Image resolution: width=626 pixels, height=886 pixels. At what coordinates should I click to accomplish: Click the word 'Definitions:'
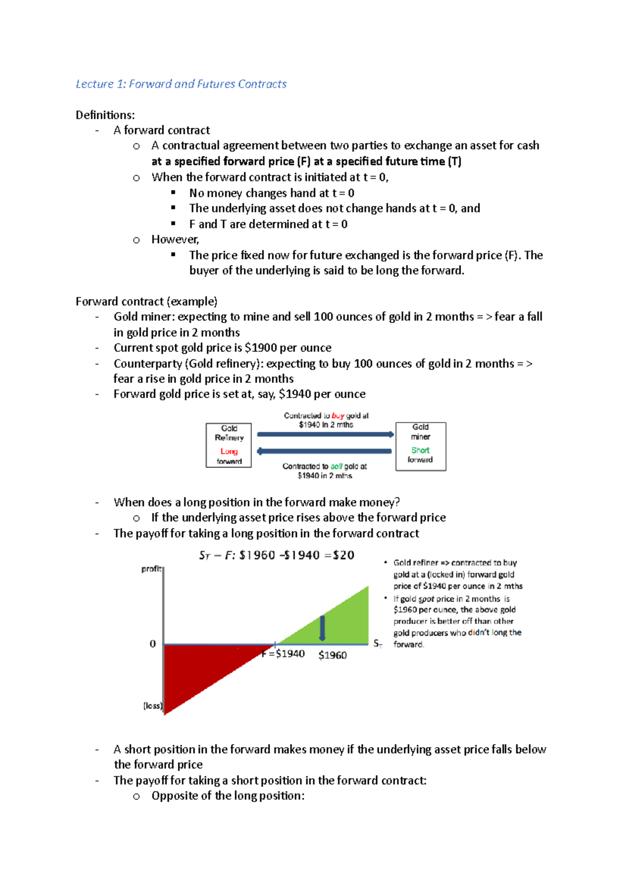(105, 115)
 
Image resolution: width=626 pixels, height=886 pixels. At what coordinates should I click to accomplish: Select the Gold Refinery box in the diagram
(228, 445)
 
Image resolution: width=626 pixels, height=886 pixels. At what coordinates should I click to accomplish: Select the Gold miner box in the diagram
(420, 446)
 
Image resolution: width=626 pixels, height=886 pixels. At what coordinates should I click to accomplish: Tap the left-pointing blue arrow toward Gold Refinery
(324, 451)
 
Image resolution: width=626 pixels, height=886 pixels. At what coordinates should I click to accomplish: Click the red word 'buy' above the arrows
(338, 416)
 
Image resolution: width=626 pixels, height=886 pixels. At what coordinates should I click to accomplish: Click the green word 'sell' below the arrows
(336, 466)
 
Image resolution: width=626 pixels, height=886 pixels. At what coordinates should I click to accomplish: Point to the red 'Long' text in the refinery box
(229, 451)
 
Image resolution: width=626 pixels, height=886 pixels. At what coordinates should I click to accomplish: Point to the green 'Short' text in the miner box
(420, 450)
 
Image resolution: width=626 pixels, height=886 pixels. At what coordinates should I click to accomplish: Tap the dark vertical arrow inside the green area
(322, 628)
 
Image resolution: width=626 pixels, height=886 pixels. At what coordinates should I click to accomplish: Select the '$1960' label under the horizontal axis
(332, 655)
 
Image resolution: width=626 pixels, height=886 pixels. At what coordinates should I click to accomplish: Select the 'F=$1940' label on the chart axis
(283, 654)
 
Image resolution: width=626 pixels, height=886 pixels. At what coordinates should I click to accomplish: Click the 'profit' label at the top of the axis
(151, 569)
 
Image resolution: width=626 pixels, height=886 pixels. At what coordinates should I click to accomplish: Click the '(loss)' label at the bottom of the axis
(153, 706)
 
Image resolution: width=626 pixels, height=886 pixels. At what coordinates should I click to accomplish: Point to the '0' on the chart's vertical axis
(153, 644)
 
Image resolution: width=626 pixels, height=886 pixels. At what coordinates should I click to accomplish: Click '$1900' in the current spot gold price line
(260, 348)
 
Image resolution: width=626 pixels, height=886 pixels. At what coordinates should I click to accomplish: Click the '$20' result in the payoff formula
(343, 555)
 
